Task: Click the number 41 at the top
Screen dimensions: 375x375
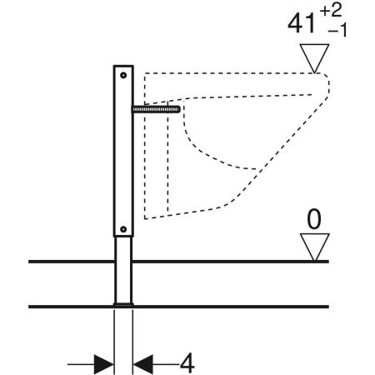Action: point(302,24)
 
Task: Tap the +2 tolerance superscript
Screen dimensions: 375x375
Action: point(331,11)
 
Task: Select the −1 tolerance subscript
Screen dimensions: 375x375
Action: point(337,30)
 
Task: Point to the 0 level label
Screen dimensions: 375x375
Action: point(314,219)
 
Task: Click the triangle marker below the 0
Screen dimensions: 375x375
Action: point(314,247)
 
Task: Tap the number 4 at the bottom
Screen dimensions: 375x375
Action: point(187,363)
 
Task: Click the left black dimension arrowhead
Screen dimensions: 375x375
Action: point(103,364)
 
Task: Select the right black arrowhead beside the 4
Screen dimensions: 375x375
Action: point(143,364)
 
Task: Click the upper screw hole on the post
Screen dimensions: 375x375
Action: point(123,75)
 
